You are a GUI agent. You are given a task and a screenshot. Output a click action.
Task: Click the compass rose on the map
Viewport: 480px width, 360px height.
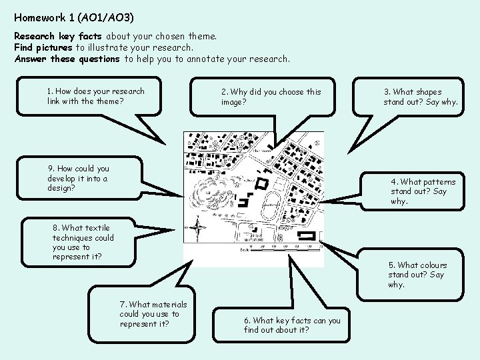click(x=198, y=229)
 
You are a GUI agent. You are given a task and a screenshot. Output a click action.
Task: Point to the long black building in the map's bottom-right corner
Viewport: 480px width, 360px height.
click(x=307, y=235)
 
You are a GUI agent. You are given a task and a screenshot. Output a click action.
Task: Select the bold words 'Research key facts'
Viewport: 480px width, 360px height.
click(x=58, y=36)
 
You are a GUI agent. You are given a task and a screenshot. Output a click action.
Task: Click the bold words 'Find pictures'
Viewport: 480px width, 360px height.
click(x=43, y=47)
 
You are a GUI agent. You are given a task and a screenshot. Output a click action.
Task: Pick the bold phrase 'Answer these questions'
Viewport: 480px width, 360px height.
click(x=67, y=59)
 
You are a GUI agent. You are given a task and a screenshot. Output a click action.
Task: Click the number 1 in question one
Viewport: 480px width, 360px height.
click(x=49, y=91)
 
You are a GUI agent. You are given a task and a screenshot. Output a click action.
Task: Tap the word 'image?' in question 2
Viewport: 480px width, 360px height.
click(x=233, y=102)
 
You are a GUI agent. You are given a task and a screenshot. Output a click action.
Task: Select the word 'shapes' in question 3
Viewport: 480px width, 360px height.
click(x=428, y=92)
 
